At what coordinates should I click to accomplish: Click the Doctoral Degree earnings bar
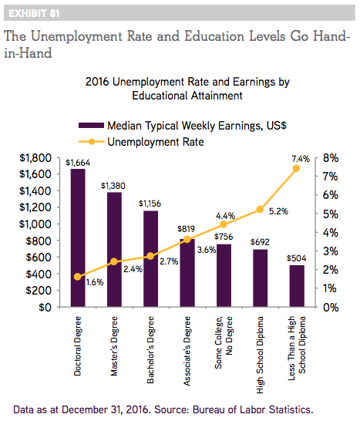(78, 237)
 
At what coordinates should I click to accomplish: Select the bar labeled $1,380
(114, 249)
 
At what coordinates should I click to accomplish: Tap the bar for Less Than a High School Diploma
(297, 286)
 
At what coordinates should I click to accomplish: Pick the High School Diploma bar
(260, 278)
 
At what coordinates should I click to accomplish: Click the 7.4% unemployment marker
(296, 168)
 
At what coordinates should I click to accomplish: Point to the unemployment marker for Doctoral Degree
(78, 277)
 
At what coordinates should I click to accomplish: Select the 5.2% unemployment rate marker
(260, 210)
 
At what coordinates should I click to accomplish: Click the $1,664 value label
(78, 163)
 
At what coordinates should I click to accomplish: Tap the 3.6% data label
(207, 250)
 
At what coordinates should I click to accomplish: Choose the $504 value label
(296, 258)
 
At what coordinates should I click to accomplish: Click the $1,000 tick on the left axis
(35, 224)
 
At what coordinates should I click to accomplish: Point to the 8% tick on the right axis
(331, 158)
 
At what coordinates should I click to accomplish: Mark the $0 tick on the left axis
(45, 307)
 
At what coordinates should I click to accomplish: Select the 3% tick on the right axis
(331, 251)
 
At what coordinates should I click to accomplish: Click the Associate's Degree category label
(187, 351)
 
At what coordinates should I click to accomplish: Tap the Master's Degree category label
(114, 346)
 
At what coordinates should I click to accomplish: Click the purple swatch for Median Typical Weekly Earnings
(91, 126)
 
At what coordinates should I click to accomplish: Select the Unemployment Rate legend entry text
(156, 142)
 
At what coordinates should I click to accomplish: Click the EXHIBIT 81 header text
(34, 13)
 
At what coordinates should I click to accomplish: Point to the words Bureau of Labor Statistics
(253, 409)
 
